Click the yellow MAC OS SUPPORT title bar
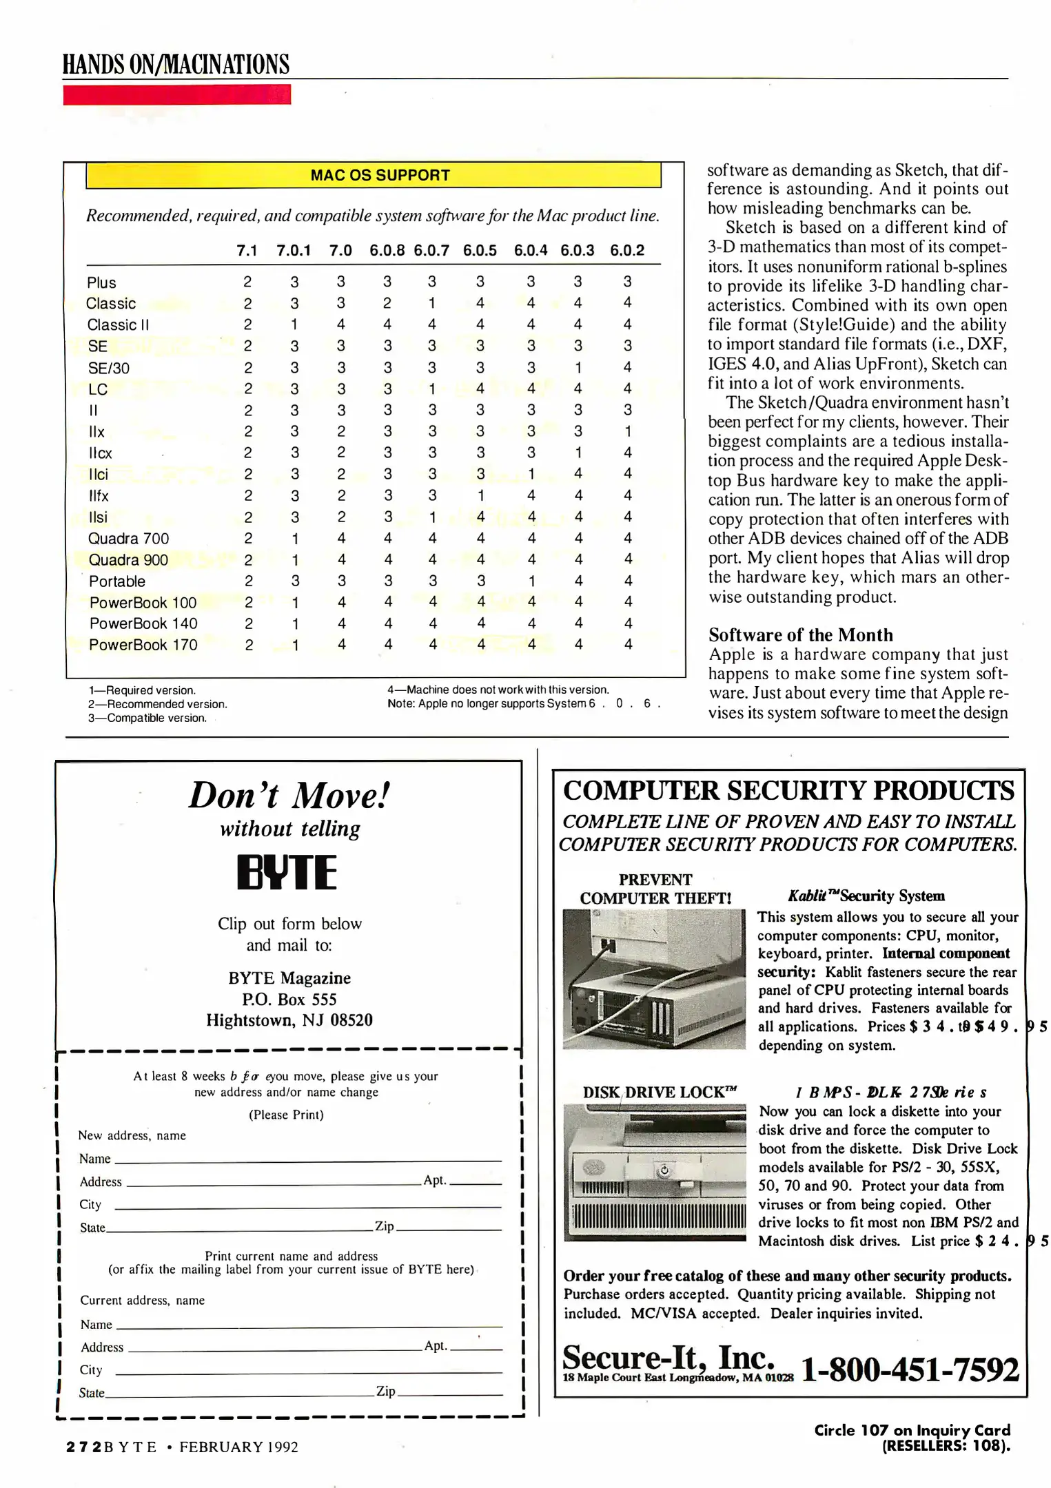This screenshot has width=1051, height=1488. (374, 175)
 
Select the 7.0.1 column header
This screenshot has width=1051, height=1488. (294, 251)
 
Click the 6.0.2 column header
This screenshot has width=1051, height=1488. (627, 251)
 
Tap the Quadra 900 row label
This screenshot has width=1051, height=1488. (128, 560)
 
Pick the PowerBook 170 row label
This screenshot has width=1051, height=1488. (143, 645)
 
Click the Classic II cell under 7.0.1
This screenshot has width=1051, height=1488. (294, 324)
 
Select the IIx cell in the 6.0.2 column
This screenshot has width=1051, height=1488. (628, 431)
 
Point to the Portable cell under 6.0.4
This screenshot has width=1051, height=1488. (531, 581)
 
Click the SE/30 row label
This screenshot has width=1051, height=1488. (109, 368)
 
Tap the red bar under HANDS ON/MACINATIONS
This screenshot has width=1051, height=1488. (176, 94)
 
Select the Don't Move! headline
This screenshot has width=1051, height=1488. (289, 796)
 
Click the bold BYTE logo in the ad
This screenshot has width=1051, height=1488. (287, 873)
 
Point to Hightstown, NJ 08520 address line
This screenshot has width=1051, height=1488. (289, 1020)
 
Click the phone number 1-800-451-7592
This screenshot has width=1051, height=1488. (910, 1370)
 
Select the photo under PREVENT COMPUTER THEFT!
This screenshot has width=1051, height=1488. (654, 979)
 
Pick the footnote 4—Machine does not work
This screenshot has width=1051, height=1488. (498, 690)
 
